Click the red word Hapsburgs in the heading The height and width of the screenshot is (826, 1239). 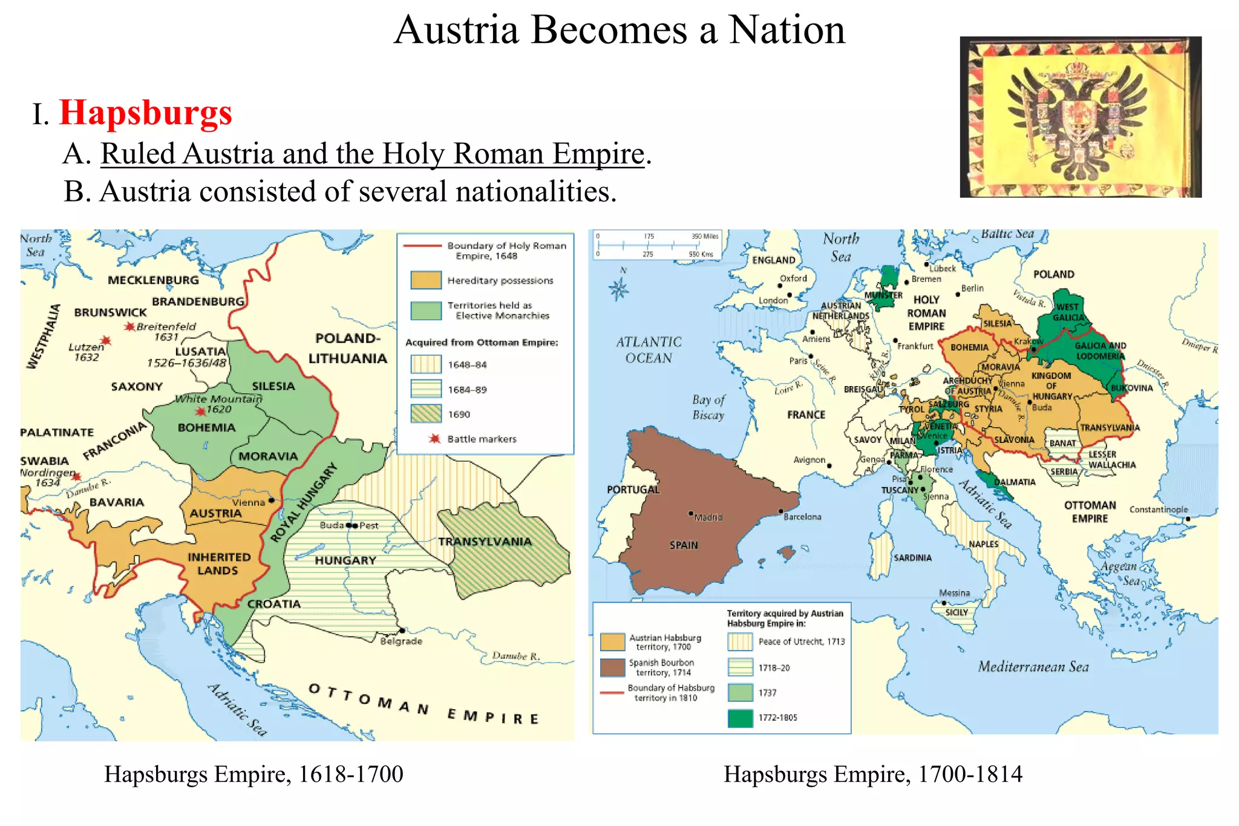[x=145, y=113]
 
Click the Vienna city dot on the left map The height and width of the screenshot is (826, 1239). [x=272, y=500]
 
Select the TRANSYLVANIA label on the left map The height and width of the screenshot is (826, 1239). [x=485, y=542]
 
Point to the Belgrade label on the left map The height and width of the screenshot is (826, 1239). [x=401, y=641]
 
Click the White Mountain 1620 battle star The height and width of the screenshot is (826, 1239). [x=200, y=411]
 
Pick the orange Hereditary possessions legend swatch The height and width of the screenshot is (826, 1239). [x=425, y=280]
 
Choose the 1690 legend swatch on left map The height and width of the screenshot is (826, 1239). [x=425, y=414]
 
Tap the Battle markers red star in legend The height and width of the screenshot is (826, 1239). [x=434, y=439]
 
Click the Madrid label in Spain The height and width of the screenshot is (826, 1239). [x=708, y=517]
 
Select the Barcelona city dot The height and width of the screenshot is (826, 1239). [x=781, y=511]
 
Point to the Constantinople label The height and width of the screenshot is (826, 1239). [x=1158, y=510]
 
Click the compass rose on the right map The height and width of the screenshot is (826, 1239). [x=619, y=289]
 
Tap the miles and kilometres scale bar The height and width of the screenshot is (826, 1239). [x=657, y=245]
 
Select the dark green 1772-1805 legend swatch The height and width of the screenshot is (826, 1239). [x=740, y=718]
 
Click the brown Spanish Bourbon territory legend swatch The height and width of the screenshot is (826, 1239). [x=612, y=667]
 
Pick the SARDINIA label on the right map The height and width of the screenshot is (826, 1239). [x=912, y=557]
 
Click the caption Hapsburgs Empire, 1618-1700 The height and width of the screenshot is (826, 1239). [x=253, y=774]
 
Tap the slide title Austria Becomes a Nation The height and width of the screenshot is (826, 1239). [x=619, y=30]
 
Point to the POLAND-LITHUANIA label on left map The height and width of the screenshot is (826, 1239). [x=347, y=349]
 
